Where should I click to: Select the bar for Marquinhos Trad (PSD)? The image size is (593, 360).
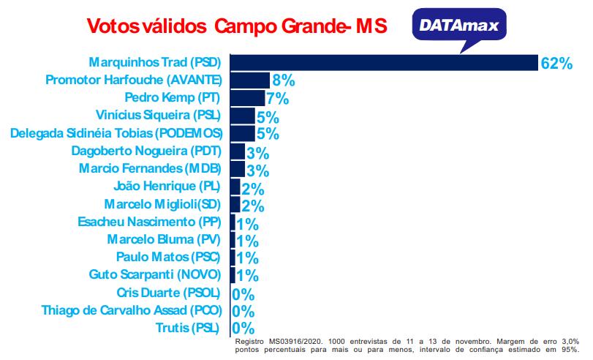pos(384,62)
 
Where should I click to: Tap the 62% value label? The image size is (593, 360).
pos(556,64)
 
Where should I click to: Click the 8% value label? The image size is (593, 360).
pos(283,81)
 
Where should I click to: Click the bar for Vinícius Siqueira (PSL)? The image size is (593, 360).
pos(243,116)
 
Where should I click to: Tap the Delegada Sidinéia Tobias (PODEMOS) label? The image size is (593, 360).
pos(115,133)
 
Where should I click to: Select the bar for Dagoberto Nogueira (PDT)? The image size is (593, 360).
pos(238,151)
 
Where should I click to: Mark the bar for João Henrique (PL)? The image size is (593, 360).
pos(235,187)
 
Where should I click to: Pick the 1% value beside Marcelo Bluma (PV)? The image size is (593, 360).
pos(248,241)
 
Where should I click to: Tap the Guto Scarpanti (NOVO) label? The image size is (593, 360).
pos(155,274)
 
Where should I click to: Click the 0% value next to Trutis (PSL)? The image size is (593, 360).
pos(243,329)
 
